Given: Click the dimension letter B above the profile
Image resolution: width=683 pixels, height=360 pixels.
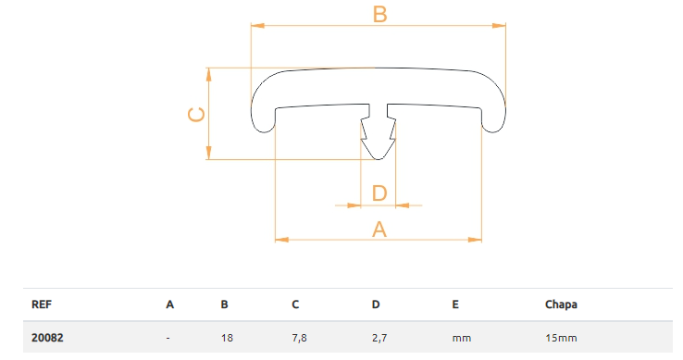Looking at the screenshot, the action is point(379,14).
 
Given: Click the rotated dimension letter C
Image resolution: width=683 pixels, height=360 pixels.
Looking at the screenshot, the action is point(196,115).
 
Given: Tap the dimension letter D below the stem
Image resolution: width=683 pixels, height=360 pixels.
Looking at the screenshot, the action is point(379,193).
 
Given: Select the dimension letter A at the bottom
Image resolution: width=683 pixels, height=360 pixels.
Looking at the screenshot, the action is point(379,230).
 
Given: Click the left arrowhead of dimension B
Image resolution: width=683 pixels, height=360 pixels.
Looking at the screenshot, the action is point(258,26).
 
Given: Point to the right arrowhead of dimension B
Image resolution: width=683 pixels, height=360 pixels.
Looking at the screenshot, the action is point(499,26).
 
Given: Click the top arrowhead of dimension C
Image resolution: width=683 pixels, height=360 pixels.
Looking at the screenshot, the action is point(208,75).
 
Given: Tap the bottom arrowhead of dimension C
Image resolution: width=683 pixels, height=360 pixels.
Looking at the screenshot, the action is point(208,153).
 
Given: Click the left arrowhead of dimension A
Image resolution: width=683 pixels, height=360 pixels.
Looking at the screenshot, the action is point(282,240).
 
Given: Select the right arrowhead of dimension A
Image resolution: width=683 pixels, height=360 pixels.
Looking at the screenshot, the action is point(475,240).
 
